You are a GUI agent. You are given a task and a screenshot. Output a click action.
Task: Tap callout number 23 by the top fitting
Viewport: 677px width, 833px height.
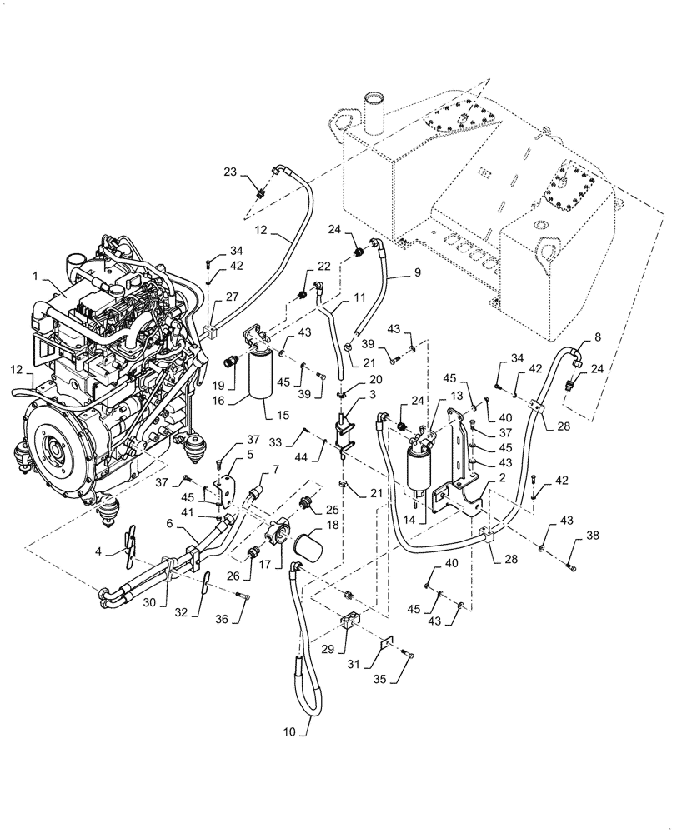(x=228, y=172)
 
